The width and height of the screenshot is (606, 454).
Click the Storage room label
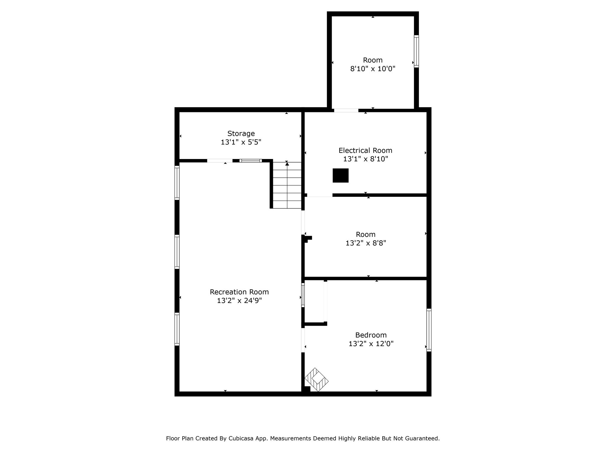241,133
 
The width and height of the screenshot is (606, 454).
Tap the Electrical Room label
365,150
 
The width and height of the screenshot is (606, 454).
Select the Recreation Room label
239,292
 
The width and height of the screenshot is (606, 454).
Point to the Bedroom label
371,335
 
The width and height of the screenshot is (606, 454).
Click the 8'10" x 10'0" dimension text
373,69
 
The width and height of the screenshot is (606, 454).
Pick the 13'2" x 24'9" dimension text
239,301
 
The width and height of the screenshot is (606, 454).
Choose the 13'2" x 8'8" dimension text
366,243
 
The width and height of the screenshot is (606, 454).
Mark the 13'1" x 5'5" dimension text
241,142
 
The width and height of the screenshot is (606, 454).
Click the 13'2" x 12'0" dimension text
371,344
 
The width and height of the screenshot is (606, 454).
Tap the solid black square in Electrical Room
341,175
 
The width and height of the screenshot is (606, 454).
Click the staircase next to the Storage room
287,185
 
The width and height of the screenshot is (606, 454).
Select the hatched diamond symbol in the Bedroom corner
316,380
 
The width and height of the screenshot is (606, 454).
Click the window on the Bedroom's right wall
429,330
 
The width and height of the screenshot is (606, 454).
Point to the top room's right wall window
416,51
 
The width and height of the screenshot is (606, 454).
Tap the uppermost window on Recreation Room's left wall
177,183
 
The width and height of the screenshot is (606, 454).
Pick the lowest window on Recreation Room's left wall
177,329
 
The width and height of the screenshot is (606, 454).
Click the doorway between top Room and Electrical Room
346,110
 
